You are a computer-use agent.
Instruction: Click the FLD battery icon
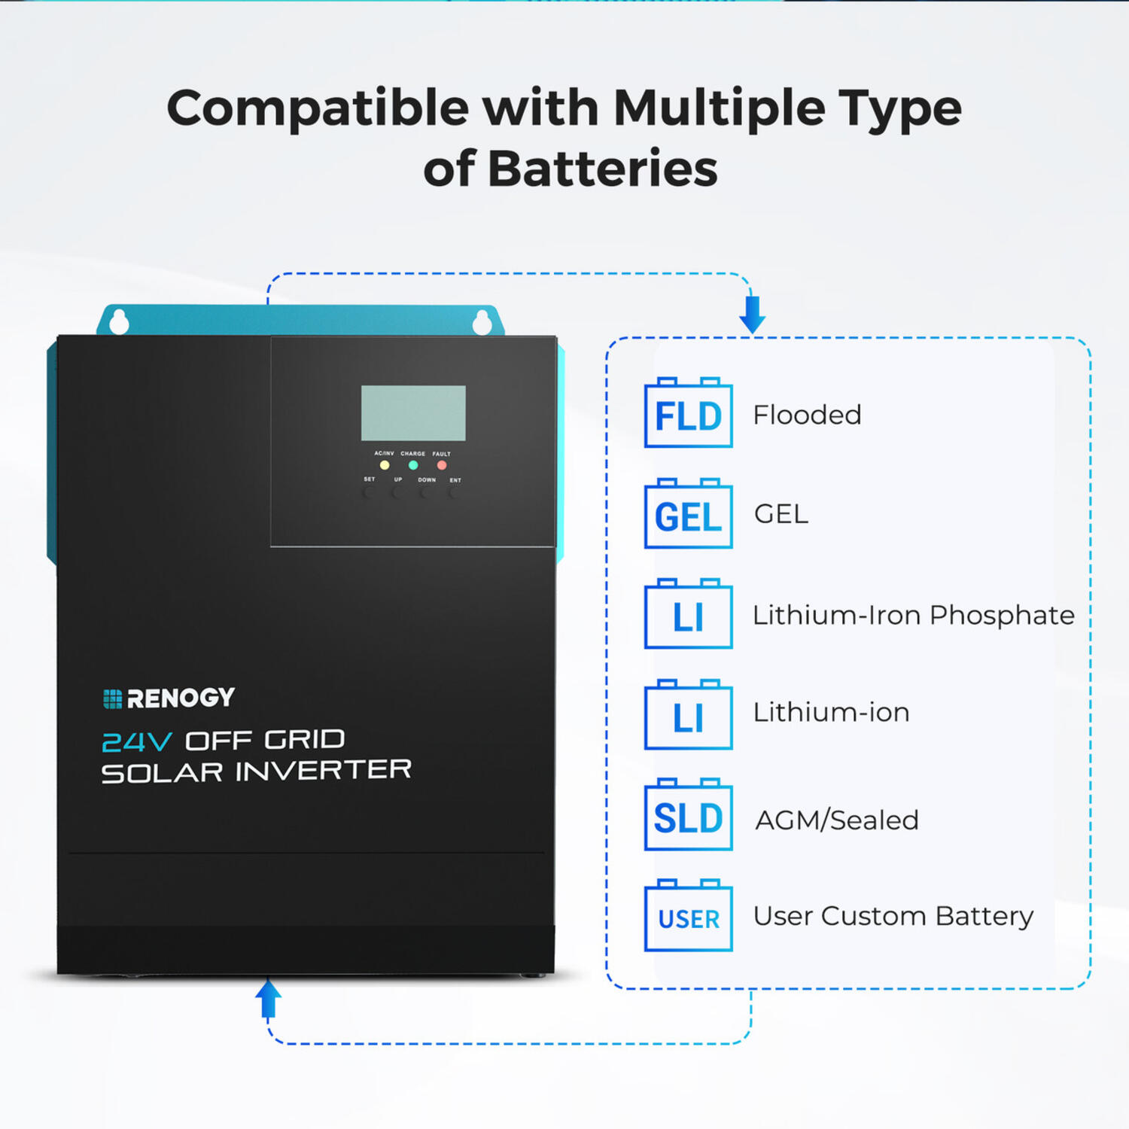[688, 414]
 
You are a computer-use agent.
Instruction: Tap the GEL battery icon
[688, 515]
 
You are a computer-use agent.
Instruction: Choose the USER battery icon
[688, 917]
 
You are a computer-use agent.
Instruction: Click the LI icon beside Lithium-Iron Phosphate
[688, 615]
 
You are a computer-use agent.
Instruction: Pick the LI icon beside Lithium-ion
[688, 716]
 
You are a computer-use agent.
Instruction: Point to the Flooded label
[807, 415]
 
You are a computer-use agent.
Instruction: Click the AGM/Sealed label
[837, 820]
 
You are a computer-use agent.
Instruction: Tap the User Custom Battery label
[893, 917]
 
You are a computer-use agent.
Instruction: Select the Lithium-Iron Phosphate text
[913, 615]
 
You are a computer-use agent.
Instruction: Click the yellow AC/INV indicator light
[385, 465]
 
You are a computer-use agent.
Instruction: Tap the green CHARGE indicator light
[413, 465]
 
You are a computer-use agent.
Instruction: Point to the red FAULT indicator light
[442, 465]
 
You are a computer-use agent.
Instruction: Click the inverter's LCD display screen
[413, 413]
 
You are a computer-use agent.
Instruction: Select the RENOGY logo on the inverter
[169, 698]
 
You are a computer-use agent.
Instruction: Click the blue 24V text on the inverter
[136, 742]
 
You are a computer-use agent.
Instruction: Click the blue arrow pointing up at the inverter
[268, 999]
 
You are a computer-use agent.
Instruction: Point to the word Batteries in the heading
[603, 169]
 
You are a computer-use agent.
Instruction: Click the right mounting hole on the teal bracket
[482, 323]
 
